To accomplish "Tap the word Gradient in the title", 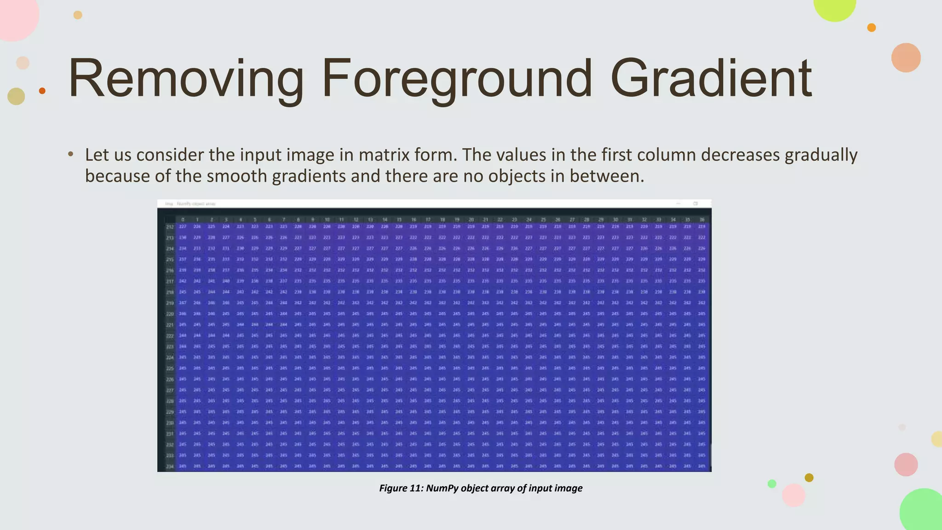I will coord(711,79).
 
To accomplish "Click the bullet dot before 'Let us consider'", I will coord(70,154).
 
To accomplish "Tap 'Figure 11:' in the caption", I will coord(401,488).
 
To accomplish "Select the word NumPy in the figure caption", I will coord(442,488).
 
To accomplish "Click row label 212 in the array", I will coord(170,227).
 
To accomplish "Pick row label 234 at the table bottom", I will coord(170,467).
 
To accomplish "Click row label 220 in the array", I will coord(170,314).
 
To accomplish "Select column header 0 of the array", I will coord(183,220).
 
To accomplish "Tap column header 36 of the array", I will coord(702,220).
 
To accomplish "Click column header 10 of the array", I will coord(327,220).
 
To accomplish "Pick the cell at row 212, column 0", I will coord(183,227).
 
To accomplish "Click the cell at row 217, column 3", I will coord(226,281).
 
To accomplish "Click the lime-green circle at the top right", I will coord(834,6).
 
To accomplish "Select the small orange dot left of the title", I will coord(42,91).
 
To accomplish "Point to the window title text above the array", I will coord(190,203).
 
